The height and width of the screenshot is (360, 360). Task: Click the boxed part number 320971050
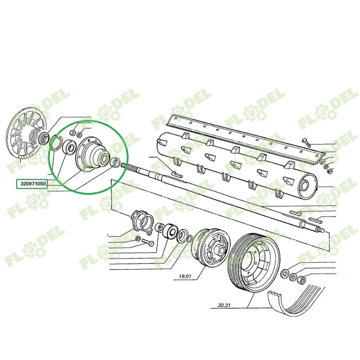33,184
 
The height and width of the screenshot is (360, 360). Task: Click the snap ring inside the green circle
55,143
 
